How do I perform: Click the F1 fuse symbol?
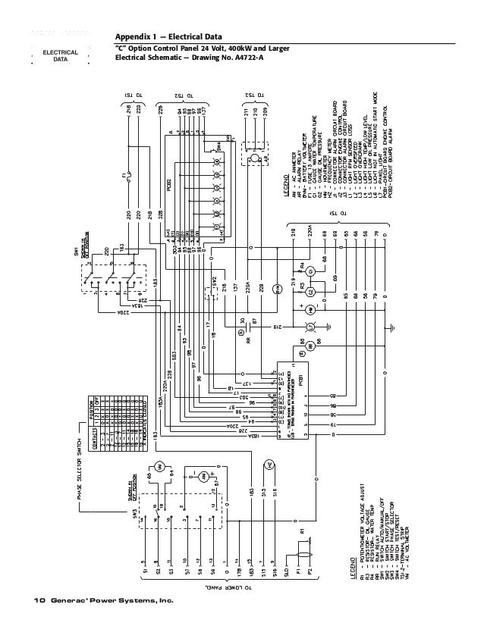pyautogui.click(x=128, y=179)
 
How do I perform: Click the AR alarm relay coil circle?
pyautogui.click(x=241, y=331)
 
